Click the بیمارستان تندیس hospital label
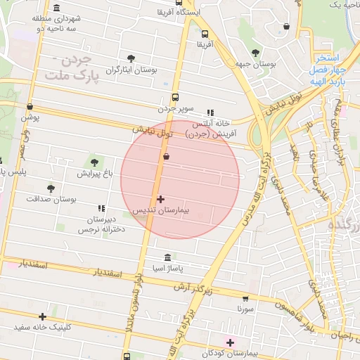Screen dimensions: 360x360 (161, 210)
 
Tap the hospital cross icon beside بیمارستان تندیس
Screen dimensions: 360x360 (161, 200)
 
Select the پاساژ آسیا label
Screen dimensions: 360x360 (167, 269)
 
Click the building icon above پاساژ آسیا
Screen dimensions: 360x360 (167, 258)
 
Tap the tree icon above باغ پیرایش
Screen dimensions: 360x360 (94, 162)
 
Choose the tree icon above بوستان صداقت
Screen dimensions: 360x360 (51, 188)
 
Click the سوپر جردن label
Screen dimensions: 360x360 (174, 109)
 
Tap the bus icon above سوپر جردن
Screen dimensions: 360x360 (175, 98)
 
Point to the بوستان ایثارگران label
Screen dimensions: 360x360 (130, 70)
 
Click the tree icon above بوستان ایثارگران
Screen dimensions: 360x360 (130, 59)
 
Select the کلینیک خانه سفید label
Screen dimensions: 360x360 (43, 328)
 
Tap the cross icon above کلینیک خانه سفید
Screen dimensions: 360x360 (43, 316)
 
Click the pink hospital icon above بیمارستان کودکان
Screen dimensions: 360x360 (229, 342)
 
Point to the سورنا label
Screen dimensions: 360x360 (245, 309)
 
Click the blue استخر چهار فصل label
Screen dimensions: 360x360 (327, 65)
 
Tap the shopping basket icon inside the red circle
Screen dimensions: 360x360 (166, 157)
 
